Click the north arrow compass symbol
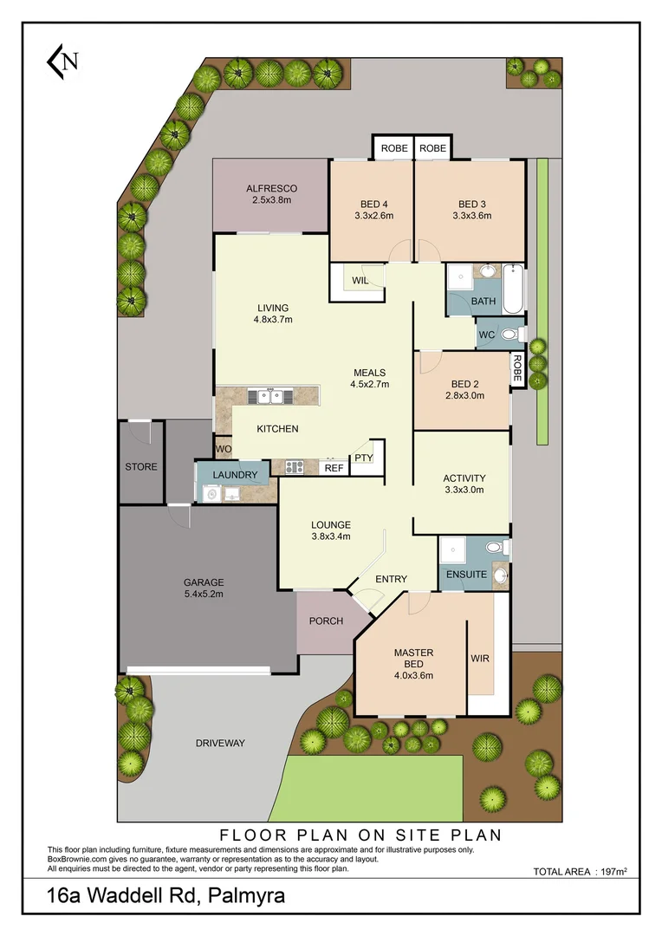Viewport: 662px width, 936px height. (x=63, y=61)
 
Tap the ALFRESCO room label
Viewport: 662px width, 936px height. (x=271, y=188)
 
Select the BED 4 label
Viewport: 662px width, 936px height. (x=373, y=205)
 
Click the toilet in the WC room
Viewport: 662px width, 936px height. (x=509, y=334)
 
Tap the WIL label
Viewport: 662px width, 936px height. (x=360, y=281)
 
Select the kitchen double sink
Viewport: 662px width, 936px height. (x=269, y=397)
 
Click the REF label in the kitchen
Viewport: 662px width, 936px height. (x=334, y=468)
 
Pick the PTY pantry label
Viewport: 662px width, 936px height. (x=362, y=458)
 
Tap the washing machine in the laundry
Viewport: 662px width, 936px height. (x=210, y=494)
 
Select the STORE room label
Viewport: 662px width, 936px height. (x=141, y=466)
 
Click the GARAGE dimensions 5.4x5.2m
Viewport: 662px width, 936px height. (x=204, y=595)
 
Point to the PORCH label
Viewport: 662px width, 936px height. (x=326, y=621)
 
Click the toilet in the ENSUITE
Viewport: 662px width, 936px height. (x=495, y=548)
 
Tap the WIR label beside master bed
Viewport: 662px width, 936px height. (x=480, y=658)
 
